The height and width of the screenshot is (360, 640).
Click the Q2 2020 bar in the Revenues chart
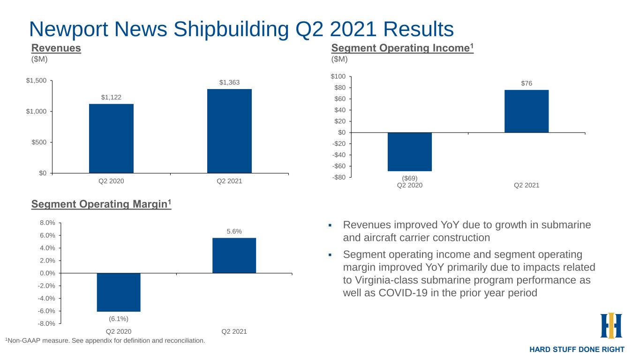(111, 138)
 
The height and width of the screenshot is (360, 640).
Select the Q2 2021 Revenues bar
(229, 131)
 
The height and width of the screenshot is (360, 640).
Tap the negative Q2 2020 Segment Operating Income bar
(409, 151)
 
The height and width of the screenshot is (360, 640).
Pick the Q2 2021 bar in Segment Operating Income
(526, 111)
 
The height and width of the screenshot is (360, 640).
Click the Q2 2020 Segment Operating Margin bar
(119, 292)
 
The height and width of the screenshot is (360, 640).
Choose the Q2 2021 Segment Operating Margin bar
(234, 255)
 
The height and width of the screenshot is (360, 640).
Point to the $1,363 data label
(229, 82)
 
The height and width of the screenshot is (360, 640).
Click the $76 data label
(527, 83)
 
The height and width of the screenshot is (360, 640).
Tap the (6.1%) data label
(119, 318)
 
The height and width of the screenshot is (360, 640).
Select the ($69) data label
(409, 178)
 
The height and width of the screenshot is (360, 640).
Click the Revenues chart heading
(56, 48)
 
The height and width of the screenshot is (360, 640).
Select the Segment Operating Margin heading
(101, 204)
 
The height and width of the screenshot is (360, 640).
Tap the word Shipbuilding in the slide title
(230, 29)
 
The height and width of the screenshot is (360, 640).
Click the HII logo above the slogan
(611, 325)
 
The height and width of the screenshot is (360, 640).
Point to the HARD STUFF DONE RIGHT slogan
(577, 349)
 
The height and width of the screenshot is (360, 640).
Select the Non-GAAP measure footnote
(105, 341)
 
